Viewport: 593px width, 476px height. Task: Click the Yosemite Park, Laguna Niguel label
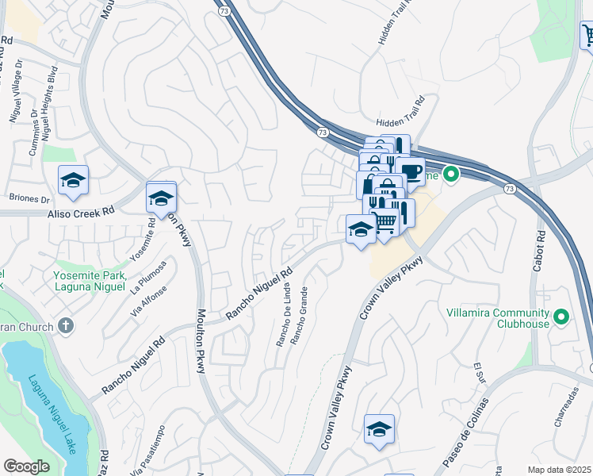tap(90, 280)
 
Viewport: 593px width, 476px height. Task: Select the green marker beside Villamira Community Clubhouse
tap(561, 317)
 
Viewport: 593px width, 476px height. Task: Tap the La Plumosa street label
tap(149, 276)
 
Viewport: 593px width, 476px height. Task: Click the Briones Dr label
tap(29, 198)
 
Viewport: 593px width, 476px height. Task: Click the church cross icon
tap(66, 326)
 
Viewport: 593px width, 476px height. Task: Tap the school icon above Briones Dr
tap(73, 181)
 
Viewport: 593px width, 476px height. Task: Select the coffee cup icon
tap(410, 171)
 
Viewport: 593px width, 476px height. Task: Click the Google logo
tap(26, 466)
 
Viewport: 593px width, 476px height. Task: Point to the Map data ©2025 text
tap(559, 470)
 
